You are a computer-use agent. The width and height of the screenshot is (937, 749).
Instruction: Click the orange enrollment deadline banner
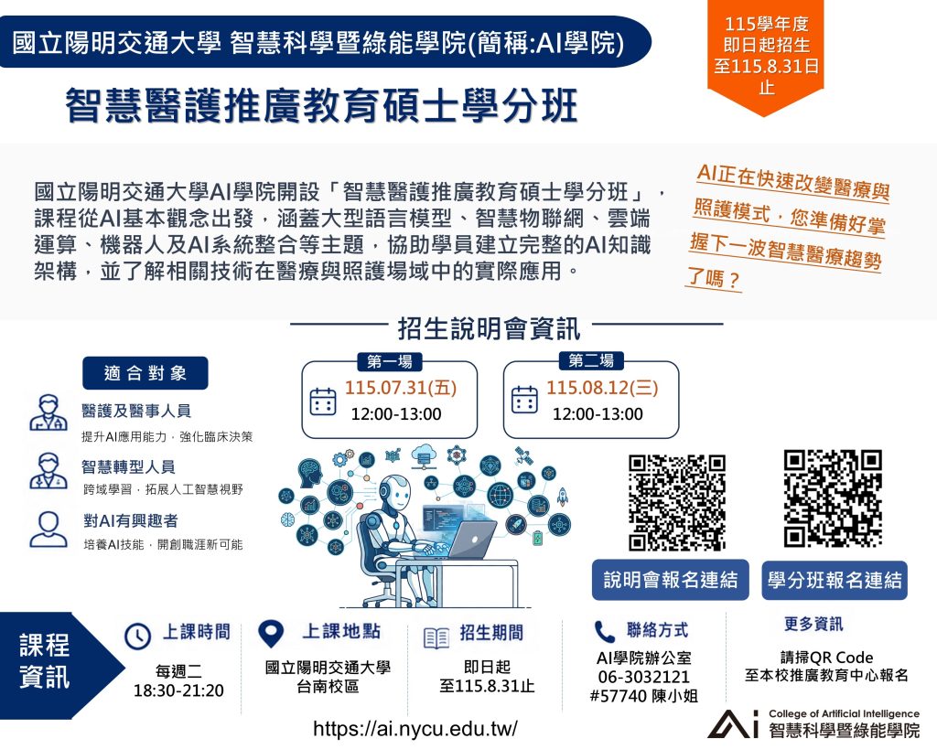pos(766,55)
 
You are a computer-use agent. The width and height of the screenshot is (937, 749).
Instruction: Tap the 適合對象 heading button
pos(145,373)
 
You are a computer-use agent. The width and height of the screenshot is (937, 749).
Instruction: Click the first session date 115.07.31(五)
pos(401,388)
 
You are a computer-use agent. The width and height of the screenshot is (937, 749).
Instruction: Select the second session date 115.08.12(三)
pos(602,388)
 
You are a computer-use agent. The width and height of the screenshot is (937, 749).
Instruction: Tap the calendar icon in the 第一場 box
pos(323,401)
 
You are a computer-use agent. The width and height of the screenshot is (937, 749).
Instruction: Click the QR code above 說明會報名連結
pos(676,502)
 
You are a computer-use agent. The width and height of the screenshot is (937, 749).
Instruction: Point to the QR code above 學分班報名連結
pos(833,498)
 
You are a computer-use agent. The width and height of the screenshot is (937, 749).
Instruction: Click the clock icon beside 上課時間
pos(137,637)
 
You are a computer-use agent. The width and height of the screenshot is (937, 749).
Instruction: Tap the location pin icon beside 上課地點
pos(270,633)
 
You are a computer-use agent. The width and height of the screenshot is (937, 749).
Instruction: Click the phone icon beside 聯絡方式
pos(604,631)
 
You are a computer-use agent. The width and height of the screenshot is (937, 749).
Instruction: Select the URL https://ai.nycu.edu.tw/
pos(415,729)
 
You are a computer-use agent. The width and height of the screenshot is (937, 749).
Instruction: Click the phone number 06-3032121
pos(643,677)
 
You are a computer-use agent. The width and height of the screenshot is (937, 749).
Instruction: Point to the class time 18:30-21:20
pos(178,690)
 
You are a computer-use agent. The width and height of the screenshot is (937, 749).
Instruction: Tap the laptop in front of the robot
pos(466,539)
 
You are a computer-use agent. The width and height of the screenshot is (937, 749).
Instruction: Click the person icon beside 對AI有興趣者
pos(48,530)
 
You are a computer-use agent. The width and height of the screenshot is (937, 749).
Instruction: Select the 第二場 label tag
pos(590,360)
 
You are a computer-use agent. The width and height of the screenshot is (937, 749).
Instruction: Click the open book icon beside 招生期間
pos(436,638)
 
